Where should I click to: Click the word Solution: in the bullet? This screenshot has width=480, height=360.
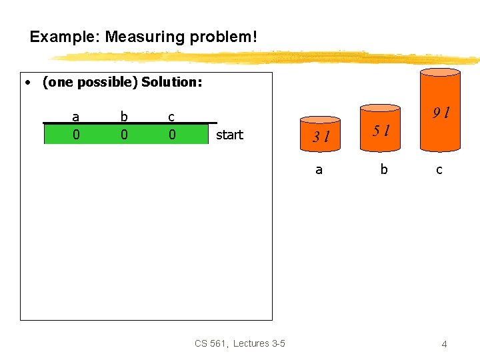(x=172, y=83)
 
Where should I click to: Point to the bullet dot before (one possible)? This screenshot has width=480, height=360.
(x=27, y=83)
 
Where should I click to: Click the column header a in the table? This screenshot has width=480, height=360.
(x=76, y=117)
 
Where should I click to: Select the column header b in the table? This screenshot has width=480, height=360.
(x=124, y=117)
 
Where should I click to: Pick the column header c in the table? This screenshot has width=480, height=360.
(x=171, y=117)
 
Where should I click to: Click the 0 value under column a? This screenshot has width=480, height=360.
(x=76, y=135)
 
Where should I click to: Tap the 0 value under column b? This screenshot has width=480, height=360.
(x=124, y=135)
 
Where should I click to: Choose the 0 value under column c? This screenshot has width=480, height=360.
(x=171, y=135)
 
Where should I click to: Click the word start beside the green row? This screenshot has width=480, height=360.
(x=230, y=135)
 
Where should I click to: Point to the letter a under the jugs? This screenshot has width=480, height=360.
(x=319, y=169)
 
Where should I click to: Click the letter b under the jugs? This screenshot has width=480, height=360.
(x=383, y=169)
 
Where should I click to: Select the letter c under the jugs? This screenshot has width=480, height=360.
(x=439, y=169)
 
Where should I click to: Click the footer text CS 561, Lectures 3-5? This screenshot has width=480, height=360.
(x=240, y=343)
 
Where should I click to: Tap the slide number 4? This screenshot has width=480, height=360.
(x=444, y=344)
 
